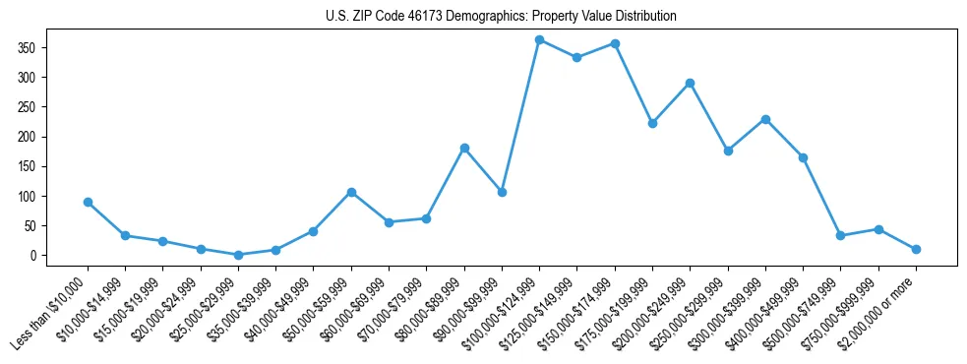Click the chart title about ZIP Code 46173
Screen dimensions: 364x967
(x=501, y=17)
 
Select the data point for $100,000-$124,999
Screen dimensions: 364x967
(x=540, y=39)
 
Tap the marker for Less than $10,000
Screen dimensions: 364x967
(x=88, y=202)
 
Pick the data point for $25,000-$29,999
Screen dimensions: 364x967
(x=238, y=255)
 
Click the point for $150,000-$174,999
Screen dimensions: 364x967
(x=615, y=43)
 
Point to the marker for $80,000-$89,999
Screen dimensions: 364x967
(x=464, y=148)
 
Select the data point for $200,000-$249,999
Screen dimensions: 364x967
(x=691, y=83)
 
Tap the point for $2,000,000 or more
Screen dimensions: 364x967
(x=916, y=249)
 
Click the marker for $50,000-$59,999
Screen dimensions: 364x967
(x=351, y=192)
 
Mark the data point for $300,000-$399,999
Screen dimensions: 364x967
(x=765, y=119)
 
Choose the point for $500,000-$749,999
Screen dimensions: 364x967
(x=840, y=235)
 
